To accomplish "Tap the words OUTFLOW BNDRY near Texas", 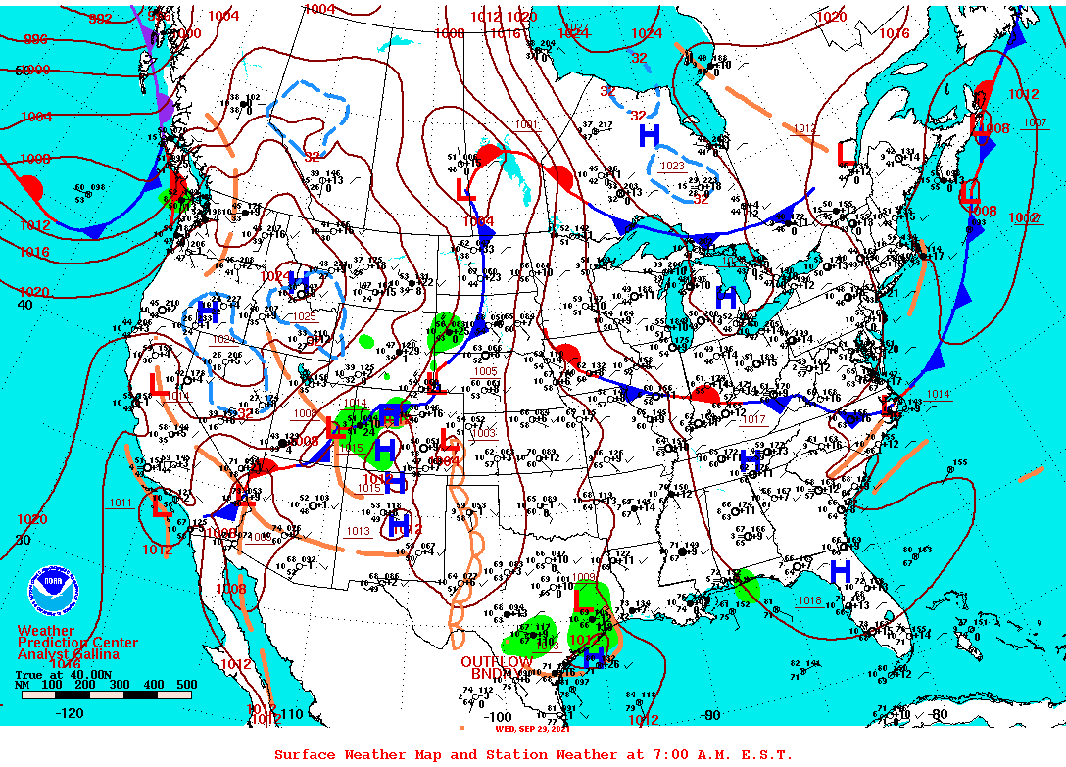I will click(x=498, y=668).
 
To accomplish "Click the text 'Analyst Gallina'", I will click(x=69, y=654).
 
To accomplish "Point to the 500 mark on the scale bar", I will click(x=185, y=685).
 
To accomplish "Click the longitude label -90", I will click(x=711, y=715).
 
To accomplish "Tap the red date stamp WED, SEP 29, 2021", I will click(x=533, y=728).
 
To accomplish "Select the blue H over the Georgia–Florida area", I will click(x=840, y=571).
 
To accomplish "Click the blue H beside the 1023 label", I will click(x=650, y=136).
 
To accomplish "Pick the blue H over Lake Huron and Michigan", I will click(x=726, y=297).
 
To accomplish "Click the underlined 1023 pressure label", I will click(x=671, y=167).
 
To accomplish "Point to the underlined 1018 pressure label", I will click(x=809, y=601).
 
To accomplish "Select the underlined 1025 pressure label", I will click(x=305, y=316).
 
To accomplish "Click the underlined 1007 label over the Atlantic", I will click(x=1035, y=123).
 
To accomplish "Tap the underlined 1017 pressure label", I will click(x=753, y=419).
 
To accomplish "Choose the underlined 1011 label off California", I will click(x=121, y=503).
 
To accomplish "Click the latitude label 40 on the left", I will click(x=25, y=305).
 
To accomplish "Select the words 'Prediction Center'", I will click(x=77, y=643).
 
